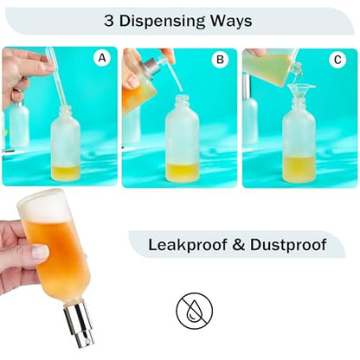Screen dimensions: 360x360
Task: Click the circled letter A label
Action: click(x=102, y=59)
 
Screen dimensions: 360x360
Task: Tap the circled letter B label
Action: click(x=220, y=60)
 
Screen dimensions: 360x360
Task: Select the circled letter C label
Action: click(x=337, y=60)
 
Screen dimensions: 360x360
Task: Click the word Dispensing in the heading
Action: click(x=161, y=22)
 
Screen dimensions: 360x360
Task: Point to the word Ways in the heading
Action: click(x=231, y=22)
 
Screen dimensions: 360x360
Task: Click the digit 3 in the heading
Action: click(x=109, y=21)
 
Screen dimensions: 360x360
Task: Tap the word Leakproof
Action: click(x=188, y=245)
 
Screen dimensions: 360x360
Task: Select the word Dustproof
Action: click(x=288, y=245)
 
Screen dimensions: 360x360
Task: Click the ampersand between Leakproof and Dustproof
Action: click(x=239, y=245)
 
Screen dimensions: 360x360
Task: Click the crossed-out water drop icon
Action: click(x=195, y=311)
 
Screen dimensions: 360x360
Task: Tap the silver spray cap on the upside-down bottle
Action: click(x=80, y=324)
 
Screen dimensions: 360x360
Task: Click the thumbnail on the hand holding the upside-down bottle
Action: click(x=40, y=252)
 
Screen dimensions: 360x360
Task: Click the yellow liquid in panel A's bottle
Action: click(x=66, y=173)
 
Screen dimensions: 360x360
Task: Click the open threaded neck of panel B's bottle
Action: click(x=183, y=101)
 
